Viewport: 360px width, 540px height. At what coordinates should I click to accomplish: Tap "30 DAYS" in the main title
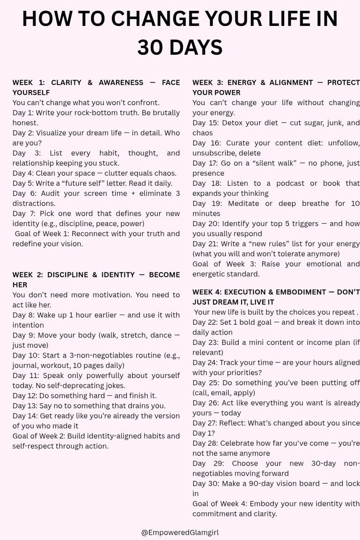180,48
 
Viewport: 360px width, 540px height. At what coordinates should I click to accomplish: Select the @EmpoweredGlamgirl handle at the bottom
180,533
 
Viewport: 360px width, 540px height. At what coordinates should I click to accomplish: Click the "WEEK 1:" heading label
28,83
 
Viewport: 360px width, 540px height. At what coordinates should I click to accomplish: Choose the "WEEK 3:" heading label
209,83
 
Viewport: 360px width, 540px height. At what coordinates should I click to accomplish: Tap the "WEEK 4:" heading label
209,292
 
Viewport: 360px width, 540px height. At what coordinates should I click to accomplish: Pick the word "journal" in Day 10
26,365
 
